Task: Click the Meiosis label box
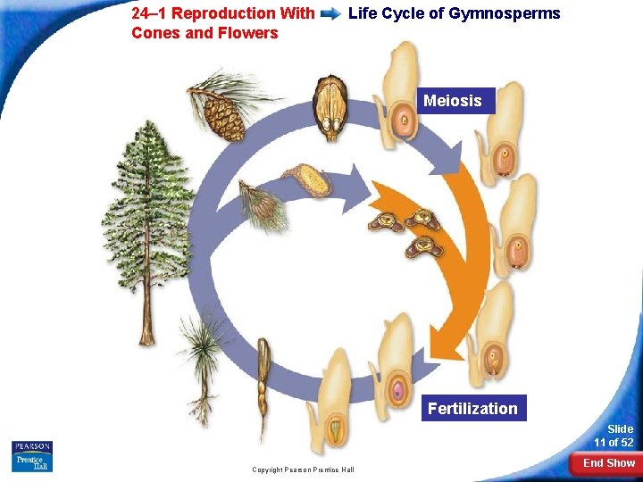(452, 101)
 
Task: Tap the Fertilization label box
(472, 408)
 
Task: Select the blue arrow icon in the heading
(330, 14)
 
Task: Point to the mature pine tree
(147, 214)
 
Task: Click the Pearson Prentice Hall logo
(32, 456)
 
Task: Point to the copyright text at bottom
(303, 470)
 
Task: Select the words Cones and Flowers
(205, 33)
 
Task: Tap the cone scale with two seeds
(330, 107)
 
